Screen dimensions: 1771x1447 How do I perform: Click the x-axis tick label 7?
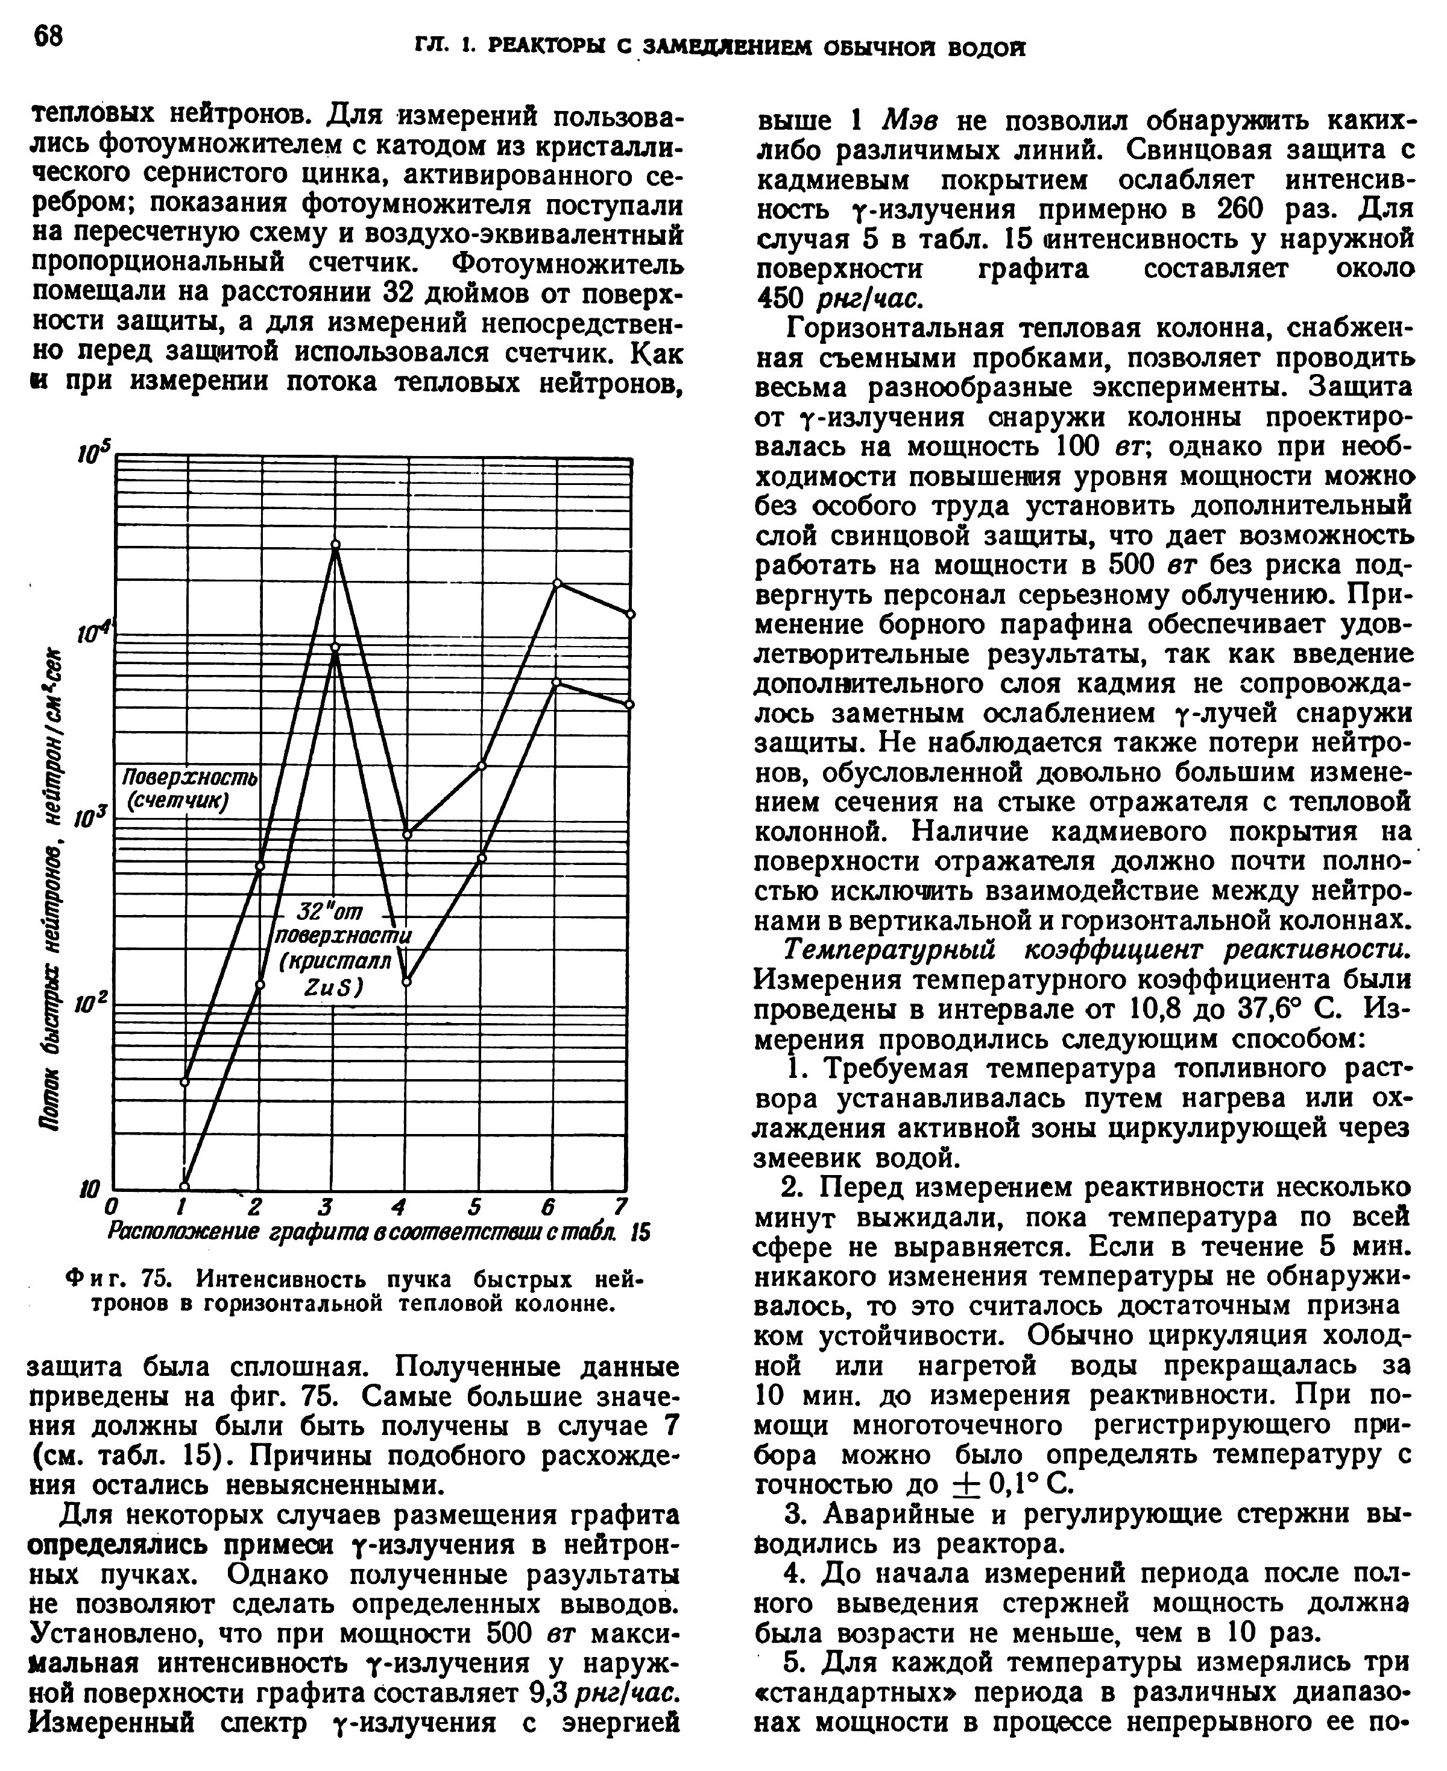(x=619, y=1206)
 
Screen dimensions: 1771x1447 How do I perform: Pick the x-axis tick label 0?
(x=113, y=1208)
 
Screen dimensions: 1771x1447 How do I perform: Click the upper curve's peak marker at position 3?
(x=336, y=545)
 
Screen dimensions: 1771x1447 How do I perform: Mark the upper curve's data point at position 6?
(x=558, y=583)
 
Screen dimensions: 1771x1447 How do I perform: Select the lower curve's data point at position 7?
(x=630, y=705)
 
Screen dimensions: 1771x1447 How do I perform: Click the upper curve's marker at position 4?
(x=408, y=835)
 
